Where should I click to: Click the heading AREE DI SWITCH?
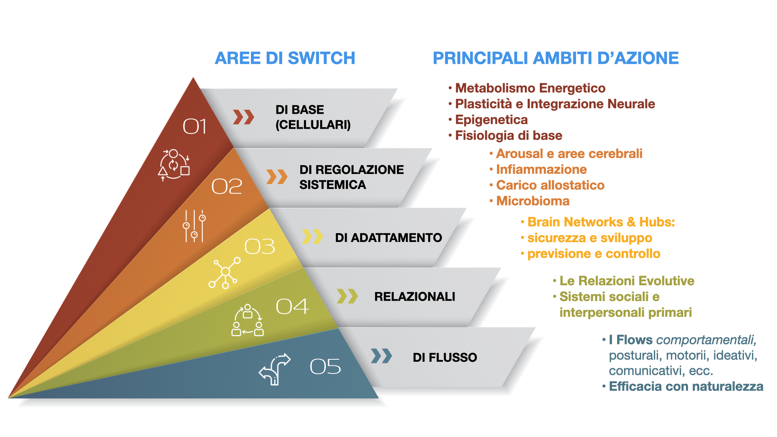285,58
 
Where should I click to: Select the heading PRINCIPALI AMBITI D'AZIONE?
556,58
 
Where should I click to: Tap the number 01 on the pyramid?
195,127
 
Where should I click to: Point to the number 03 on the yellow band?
259,246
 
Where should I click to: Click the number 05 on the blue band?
325,367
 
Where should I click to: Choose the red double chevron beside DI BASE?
244,117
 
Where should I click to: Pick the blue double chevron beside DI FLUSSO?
382,356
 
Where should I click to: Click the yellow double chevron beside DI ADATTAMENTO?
312,237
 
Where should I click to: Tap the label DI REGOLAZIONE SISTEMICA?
352,177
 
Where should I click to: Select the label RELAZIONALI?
415,297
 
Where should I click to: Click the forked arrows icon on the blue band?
275,369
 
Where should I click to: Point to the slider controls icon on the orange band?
194,226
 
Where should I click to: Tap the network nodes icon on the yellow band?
225,273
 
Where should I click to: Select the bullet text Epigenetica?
491,120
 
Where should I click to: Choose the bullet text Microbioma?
533,201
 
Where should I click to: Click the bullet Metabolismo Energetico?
530,88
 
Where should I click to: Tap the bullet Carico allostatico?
550,185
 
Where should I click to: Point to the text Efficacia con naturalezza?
686,386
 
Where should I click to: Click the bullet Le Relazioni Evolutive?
627,281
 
